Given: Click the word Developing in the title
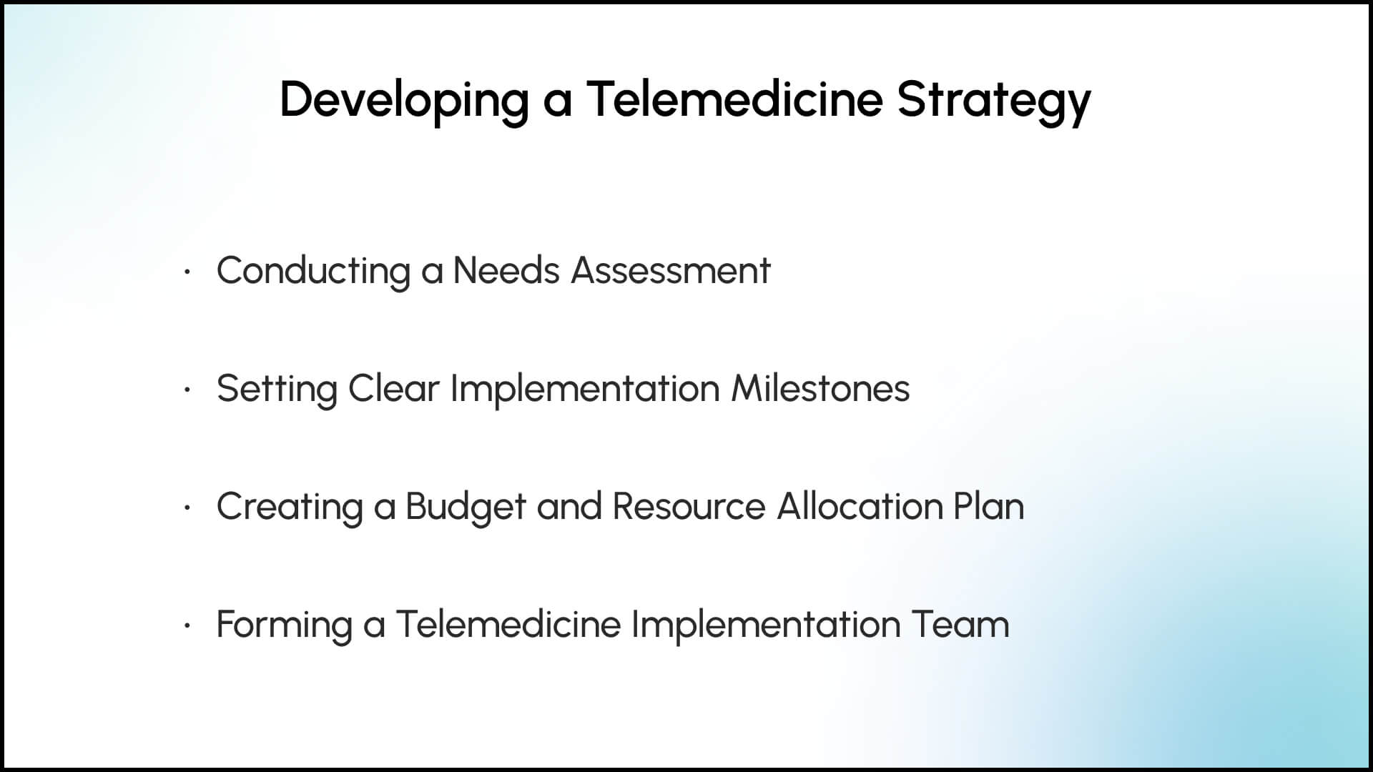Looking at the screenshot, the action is point(404,100).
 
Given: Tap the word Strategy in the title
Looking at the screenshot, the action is point(994,100).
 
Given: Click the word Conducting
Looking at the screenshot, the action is point(313,272).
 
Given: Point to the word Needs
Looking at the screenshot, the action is point(506,270).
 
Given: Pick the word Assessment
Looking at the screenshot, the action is point(671,271).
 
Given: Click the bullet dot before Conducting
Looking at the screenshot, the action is point(187,272).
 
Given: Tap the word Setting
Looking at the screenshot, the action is point(277,390).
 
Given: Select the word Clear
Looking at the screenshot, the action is point(393,388).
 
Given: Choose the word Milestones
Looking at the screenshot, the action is point(820,388).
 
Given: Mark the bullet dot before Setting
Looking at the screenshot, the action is point(187,390).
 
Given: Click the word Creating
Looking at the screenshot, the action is point(290,508).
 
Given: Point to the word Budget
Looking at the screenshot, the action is point(466,508).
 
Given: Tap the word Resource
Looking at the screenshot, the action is point(689,507).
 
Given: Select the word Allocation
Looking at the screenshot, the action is point(860,506).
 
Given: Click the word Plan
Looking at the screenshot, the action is point(989,506).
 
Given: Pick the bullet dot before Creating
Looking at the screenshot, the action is point(187,508).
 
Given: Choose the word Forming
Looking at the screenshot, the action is point(285,625).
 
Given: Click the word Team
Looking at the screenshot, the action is point(960,625).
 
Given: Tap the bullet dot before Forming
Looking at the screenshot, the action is point(187,626).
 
